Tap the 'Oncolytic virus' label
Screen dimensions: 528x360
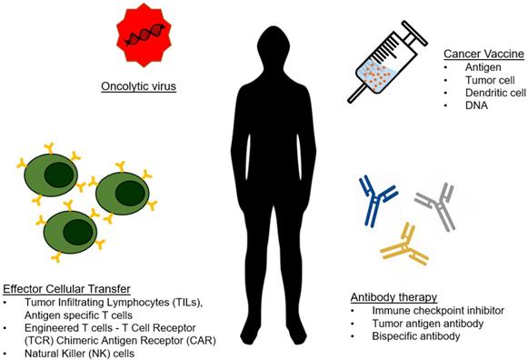tap(138, 88)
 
